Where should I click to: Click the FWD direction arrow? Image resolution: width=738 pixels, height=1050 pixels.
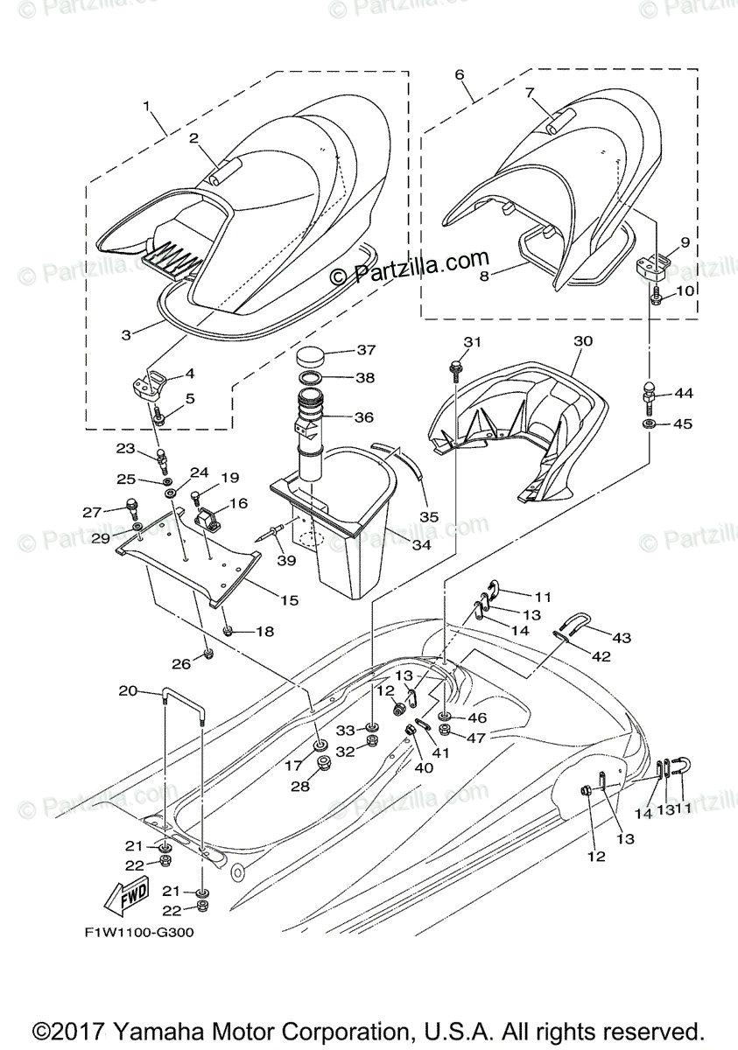[x=125, y=897]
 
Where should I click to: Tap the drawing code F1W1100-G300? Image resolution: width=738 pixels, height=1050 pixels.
[x=139, y=932]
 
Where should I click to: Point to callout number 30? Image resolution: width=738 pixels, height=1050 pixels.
[x=583, y=340]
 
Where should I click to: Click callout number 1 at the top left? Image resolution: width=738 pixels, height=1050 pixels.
[x=147, y=107]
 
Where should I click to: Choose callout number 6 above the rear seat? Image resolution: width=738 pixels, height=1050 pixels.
[x=460, y=75]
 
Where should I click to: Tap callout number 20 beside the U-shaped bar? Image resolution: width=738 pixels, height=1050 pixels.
[x=129, y=690]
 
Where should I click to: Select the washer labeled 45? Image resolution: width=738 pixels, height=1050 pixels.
[x=649, y=424]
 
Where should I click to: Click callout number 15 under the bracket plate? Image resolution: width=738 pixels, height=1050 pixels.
[x=290, y=600]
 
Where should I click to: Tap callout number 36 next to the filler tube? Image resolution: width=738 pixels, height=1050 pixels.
[x=364, y=416]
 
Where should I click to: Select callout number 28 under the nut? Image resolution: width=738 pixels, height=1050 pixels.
[x=300, y=787]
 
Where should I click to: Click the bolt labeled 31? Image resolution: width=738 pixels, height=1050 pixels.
[x=456, y=367]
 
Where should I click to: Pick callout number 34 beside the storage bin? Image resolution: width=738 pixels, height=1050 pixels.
[x=422, y=544]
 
